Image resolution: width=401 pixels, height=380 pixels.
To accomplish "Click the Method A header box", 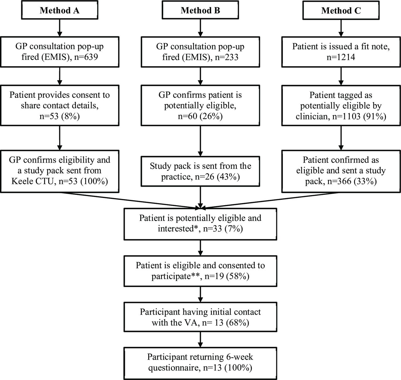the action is coord(60,10).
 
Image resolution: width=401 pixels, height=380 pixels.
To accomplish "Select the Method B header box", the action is coord(200,10).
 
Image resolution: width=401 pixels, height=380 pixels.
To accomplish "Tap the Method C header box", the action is coord(341,10).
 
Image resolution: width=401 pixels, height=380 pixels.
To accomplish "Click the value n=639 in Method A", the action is coord(86,57).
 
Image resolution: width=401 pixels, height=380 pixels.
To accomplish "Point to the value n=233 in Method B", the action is coord(227,57).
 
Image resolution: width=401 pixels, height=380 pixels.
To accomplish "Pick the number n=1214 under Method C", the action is coord(341,57).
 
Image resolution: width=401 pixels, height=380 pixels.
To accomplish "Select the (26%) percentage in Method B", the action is coord(211,116).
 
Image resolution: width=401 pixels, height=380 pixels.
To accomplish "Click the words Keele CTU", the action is coord(33,181).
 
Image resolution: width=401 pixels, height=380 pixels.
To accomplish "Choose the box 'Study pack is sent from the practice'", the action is coord(200,171).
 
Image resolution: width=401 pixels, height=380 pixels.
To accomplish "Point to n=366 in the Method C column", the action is coord(339,181).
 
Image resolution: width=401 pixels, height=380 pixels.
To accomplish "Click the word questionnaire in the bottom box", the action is coord(174,368).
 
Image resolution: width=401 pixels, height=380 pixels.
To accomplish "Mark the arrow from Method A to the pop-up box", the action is coord(60,28).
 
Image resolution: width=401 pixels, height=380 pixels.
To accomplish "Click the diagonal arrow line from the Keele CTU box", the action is coord(131,200).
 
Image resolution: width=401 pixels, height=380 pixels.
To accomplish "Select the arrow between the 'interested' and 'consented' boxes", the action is coord(200,248).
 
